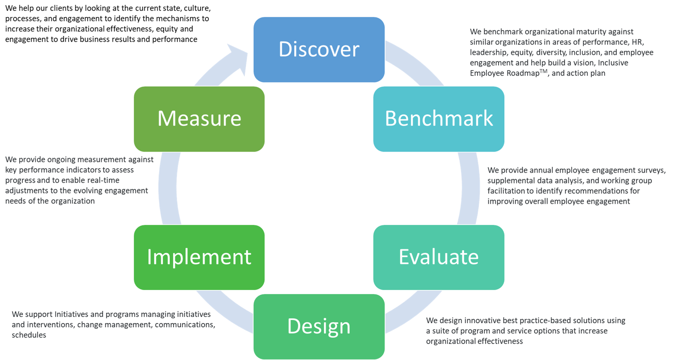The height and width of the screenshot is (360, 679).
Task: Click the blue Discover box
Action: pos(319,49)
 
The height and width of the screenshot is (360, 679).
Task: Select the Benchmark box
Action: pos(438,119)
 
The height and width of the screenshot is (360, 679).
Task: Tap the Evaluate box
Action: pos(438,257)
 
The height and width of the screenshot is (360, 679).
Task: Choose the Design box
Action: pos(319,326)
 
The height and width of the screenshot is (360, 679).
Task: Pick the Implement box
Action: pos(199,257)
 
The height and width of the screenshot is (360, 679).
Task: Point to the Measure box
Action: pos(199,119)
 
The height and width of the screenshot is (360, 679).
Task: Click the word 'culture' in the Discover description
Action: pos(197,8)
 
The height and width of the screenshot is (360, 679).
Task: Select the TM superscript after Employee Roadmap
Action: pos(543,71)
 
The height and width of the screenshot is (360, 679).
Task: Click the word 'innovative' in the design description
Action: pos(482,321)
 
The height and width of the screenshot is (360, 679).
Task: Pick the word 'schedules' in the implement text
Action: pos(29,335)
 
